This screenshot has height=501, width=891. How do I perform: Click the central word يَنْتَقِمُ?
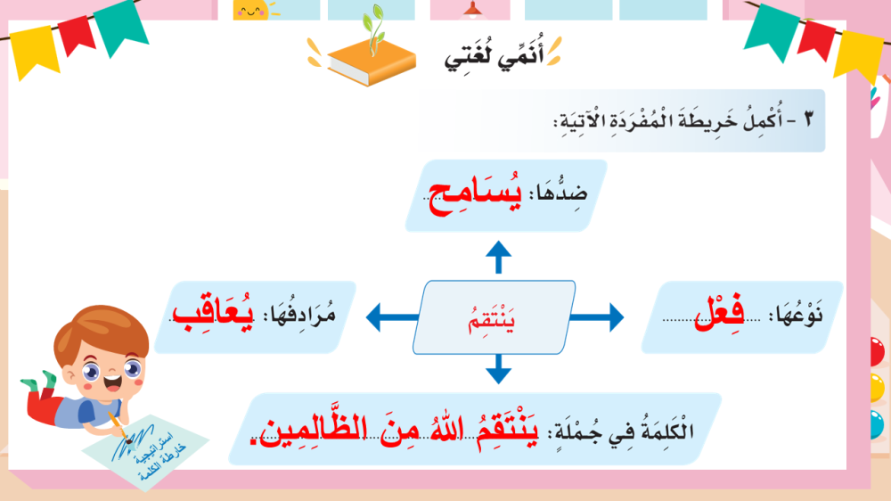pyautogui.click(x=497, y=317)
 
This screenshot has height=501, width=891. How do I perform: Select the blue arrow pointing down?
pyautogui.click(x=498, y=368)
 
